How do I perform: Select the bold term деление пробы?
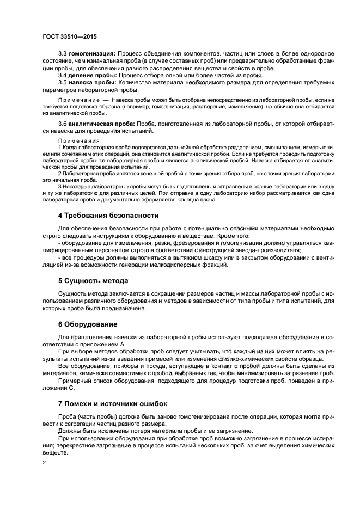92,75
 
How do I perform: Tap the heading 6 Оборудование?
87,324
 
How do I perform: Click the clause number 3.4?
63,75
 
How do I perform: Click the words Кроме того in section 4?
219,236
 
